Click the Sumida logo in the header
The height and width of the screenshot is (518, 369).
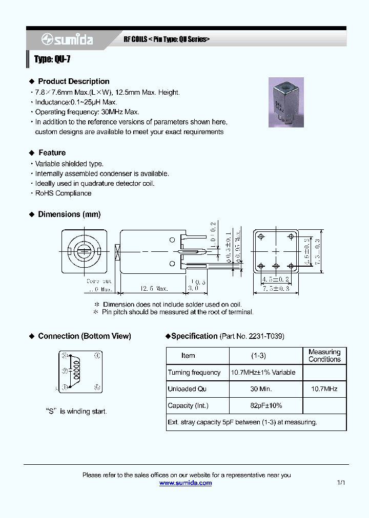click(x=67, y=39)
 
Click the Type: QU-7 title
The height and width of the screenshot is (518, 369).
click(x=52, y=59)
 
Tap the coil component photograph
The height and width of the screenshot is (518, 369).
click(x=286, y=102)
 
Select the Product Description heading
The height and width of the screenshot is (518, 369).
click(x=73, y=81)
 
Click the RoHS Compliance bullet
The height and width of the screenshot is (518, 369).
click(x=63, y=193)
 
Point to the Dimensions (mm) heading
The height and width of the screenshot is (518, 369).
click(x=69, y=214)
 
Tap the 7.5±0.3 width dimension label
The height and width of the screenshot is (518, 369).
click(x=275, y=289)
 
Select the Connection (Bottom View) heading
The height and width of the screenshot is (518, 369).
click(x=84, y=336)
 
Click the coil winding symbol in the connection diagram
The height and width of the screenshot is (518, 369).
click(x=77, y=371)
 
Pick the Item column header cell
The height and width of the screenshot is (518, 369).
click(x=188, y=356)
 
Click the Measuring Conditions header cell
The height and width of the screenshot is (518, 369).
click(x=324, y=356)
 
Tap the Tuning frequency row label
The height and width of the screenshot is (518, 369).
click(x=194, y=373)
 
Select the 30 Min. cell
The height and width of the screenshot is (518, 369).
click(x=261, y=389)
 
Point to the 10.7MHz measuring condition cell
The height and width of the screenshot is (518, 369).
click(x=324, y=389)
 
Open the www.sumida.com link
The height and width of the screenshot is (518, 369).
click(x=186, y=483)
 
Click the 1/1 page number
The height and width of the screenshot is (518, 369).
click(x=341, y=483)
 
